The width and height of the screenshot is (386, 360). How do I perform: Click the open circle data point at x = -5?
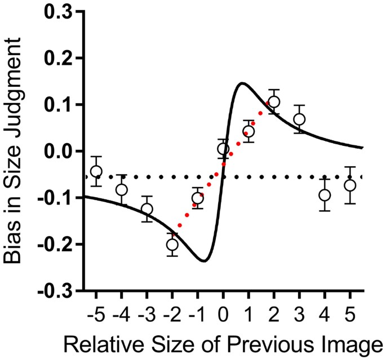pyautogui.click(x=96, y=171)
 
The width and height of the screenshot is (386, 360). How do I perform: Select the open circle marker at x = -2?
pyautogui.click(x=172, y=245)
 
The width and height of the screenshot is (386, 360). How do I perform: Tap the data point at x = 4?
pyautogui.click(x=325, y=195)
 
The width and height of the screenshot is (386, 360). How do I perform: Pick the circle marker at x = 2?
pyautogui.click(x=274, y=102)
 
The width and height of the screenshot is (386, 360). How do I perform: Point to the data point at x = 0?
pyautogui.click(x=223, y=149)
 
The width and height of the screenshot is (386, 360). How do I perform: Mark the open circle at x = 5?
pyautogui.click(x=350, y=185)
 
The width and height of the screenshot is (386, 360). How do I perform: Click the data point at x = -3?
pyautogui.click(x=147, y=209)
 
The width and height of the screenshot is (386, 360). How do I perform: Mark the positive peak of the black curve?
pyautogui.click(x=242, y=83)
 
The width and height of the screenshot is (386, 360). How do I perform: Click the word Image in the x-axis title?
pyautogui.click(x=349, y=343)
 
